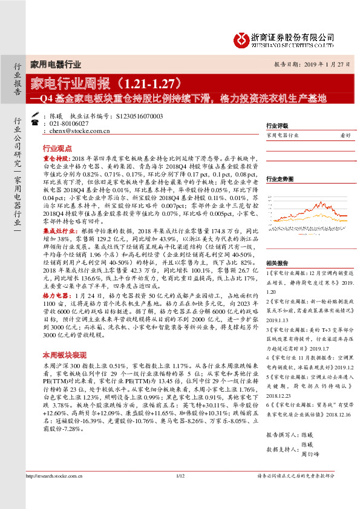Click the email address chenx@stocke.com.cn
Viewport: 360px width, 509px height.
coord(79,130)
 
